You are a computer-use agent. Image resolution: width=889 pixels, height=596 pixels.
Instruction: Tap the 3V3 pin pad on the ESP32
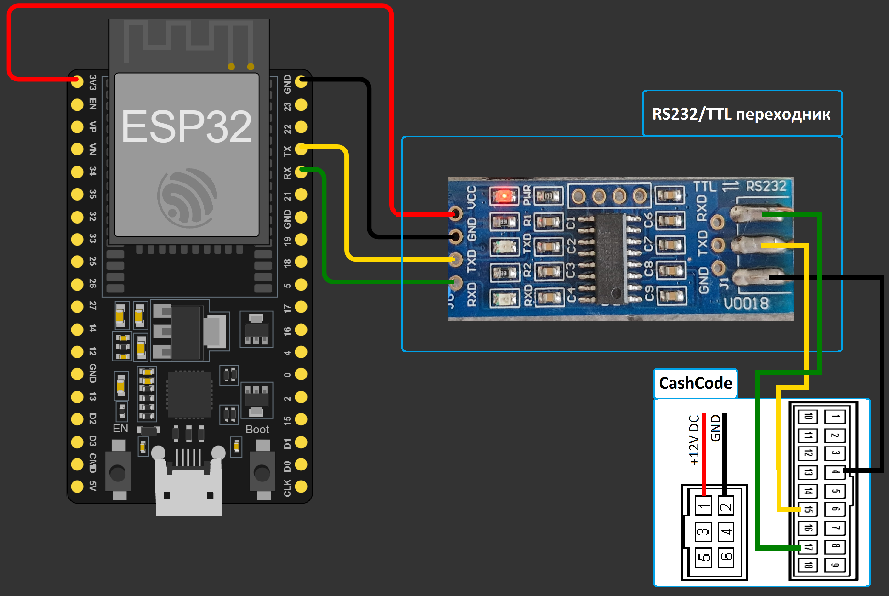[x=77, y=82]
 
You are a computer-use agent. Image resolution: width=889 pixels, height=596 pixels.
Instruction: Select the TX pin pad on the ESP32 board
[x=301, y=149]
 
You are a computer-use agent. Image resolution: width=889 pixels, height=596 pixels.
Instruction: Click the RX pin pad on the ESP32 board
[x=301, y=172]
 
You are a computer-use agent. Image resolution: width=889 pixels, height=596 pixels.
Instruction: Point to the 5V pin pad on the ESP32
[x=77, y=487]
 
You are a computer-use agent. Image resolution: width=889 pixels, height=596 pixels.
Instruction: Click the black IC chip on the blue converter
[x=610, y=258]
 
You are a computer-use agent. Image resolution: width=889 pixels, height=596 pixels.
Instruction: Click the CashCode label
[x=695, y=383]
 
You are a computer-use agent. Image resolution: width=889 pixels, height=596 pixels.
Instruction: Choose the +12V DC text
[x=694, y=440]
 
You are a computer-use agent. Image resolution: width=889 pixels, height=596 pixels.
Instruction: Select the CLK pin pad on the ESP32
[x=301, y=487]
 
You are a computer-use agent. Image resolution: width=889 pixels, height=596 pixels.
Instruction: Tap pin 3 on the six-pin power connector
[x=703, y=531]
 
